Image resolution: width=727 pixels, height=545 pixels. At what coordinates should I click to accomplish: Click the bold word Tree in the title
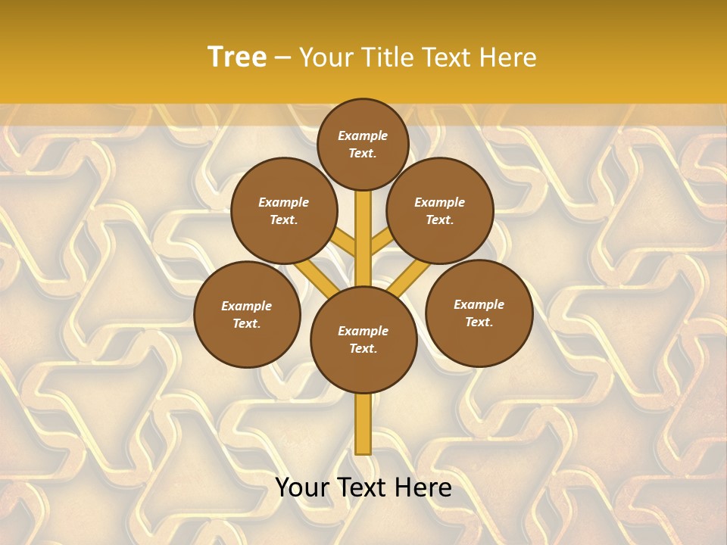click(x=237, y=58)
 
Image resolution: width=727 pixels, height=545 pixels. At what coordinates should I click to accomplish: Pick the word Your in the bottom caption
click(x=302, y=487)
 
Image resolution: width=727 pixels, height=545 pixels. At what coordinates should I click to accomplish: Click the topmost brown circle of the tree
click(x=363, y=144)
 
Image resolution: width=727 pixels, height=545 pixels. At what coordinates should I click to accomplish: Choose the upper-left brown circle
click(x=284, y=210)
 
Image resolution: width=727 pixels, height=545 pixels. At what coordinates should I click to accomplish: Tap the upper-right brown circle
click(x=440, y=210)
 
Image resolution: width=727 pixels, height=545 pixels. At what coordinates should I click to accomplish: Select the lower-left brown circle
click(x=247, y=314)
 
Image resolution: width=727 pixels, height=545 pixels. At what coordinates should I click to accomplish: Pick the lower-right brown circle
click(x=479, y=313)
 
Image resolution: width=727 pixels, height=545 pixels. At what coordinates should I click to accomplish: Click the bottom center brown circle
click(x=363, y=340)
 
